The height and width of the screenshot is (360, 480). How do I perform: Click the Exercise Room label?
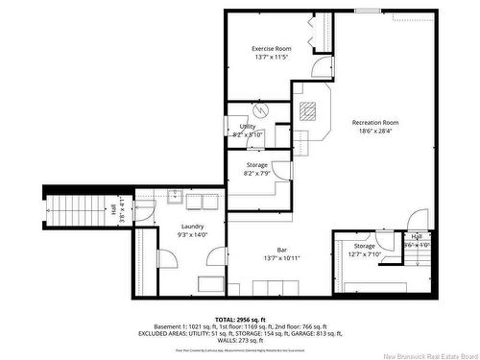tap(271, 48)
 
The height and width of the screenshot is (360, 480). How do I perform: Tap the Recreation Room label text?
tap(375, 123)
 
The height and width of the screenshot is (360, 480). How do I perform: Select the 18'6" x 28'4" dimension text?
tap(375, 132)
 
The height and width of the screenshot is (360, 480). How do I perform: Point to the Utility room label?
tap(248, 126)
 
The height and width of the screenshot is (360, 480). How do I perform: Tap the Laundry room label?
tap(192, 227)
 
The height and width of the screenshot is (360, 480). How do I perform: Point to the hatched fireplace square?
tap(306, 109)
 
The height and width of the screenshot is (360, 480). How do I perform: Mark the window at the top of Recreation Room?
tap(367, 12)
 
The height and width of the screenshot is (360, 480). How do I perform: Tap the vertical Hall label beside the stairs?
tap(112, 208)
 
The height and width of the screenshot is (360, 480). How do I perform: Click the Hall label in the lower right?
tap(417, 236)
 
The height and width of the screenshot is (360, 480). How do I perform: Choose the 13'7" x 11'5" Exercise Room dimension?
tap(271, 58)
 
